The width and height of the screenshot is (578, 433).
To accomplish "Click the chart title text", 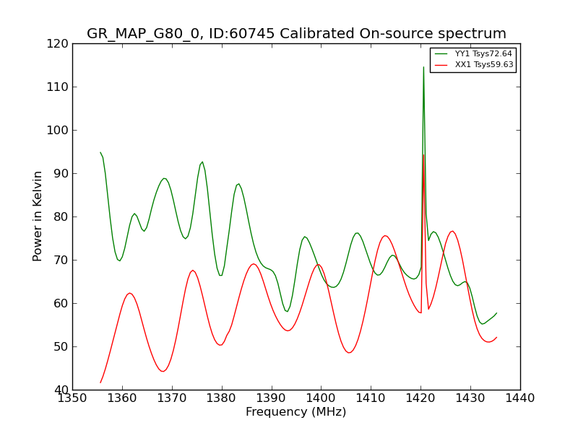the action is [296, 33].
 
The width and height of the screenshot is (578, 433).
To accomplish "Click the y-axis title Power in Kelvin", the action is [37, 216].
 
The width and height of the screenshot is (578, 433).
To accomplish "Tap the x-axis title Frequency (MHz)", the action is [296, 411].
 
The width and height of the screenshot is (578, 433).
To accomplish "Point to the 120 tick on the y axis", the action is [58, 44].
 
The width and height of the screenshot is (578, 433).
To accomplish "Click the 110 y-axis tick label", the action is [58, 87].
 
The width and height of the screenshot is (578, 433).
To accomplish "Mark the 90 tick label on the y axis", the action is [61, 173].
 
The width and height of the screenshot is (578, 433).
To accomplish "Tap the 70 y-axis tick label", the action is [61, 260].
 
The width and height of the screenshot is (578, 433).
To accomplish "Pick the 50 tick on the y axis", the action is [61, 346].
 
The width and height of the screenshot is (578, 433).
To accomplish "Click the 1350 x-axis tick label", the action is [72, 398].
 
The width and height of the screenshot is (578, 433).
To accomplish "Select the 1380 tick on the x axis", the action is [222, 398].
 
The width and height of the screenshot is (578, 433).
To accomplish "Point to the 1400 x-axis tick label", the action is [321, 398].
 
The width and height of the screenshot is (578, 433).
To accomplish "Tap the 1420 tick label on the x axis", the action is [420, 398].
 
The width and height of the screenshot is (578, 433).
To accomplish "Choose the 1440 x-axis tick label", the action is [520, 398].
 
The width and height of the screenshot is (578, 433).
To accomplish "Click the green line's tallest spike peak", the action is [423, 67].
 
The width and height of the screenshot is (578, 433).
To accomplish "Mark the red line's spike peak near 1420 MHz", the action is [423, 154].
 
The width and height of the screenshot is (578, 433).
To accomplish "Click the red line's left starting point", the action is [100, 382].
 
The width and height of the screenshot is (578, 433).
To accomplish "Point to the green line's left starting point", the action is [100, 152].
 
